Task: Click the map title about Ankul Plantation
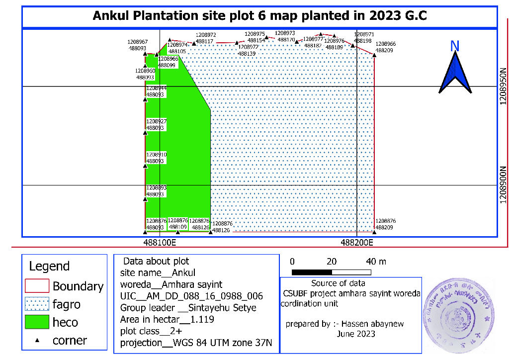point(260,16)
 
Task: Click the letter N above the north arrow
point(454,46)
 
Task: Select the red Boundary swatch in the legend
point(37,286)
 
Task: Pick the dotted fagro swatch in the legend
point(37,304)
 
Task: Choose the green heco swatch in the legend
point(37,322)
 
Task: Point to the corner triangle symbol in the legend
point(37,341)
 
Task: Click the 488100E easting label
point(160,243)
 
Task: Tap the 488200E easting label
point(357,243)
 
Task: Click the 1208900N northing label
point(503,184)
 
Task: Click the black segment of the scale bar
point(312,272)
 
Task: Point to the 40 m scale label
point(376,262)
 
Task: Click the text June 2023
point(356,334)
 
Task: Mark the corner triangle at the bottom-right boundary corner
point(374,232)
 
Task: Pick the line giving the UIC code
point(191,296)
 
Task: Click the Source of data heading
point(338,283)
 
